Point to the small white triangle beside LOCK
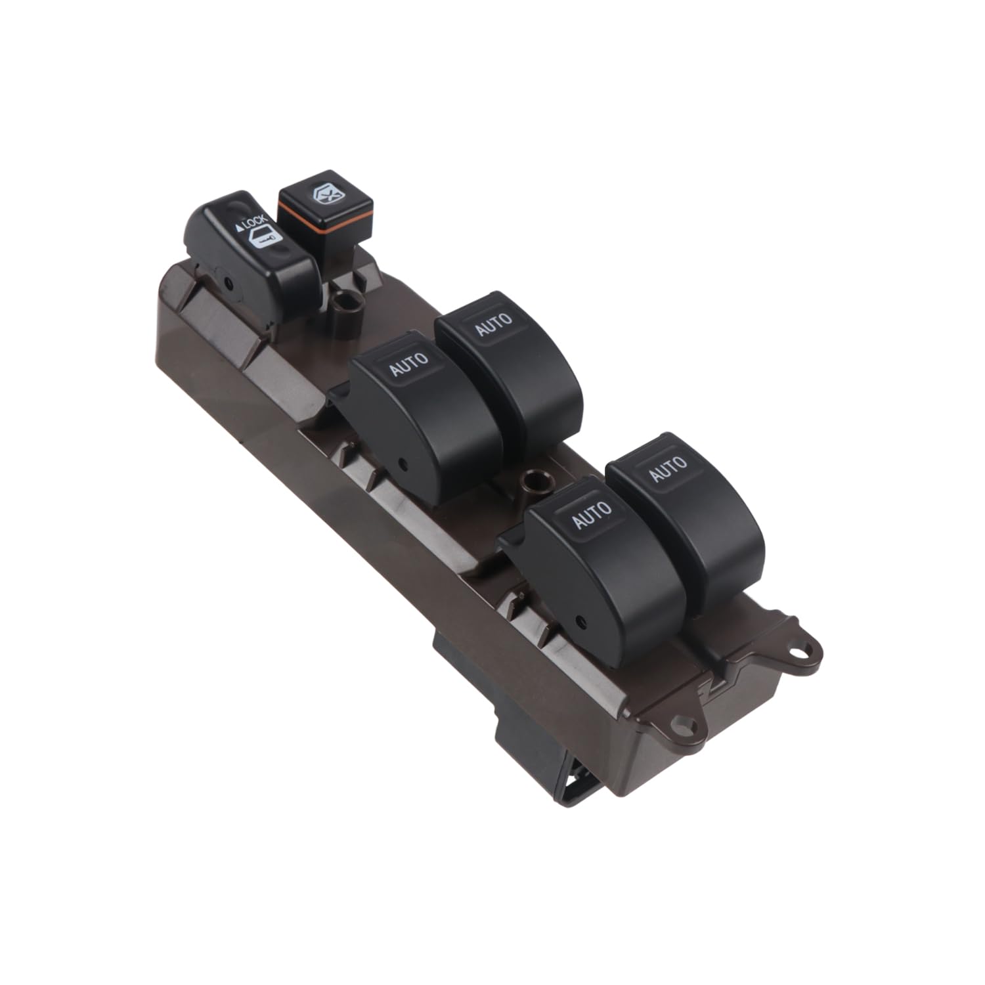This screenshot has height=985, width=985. click(239, 229)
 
